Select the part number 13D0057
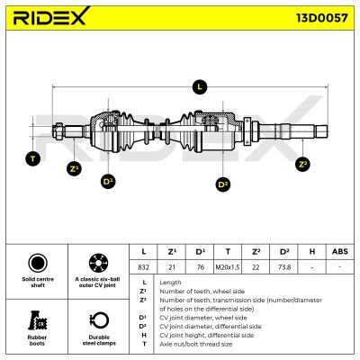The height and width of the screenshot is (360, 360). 322,18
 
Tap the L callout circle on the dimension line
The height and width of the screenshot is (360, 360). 200,87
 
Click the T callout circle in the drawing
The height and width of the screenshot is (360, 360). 33,158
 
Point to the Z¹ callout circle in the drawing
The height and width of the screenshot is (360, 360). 74,168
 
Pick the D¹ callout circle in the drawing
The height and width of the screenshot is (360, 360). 108,182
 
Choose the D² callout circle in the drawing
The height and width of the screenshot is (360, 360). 223,184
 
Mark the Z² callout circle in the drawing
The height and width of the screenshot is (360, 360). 302,164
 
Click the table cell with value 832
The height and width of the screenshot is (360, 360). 143,267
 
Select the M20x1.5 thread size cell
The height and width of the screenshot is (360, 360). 228,267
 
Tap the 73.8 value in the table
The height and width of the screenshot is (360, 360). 284,267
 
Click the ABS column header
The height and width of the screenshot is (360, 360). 340,251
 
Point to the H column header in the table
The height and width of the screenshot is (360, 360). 312,251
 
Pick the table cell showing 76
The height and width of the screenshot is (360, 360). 200,267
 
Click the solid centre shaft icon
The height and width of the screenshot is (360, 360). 38,263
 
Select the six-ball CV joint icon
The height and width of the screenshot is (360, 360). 98,263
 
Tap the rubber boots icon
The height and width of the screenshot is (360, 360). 37,320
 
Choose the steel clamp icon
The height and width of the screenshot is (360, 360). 99,320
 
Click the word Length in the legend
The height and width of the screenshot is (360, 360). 170,283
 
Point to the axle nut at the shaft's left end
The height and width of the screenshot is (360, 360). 58,131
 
